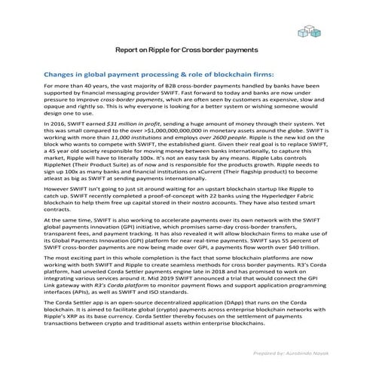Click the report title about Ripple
(186, 50)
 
